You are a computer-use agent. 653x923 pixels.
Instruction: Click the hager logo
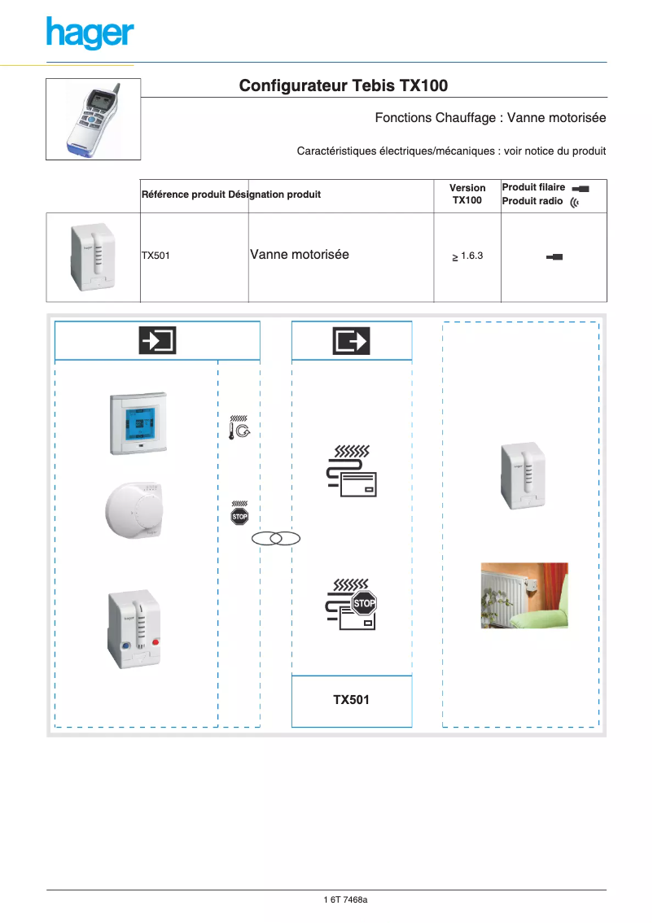coord(90,33)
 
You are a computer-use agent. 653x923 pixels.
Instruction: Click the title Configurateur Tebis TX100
coord(343,85)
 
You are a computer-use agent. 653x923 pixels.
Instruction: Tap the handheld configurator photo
coord(93,119)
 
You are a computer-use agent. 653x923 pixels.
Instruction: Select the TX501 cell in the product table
coord(156,256)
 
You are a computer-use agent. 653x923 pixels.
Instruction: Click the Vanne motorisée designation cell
coord(300,255)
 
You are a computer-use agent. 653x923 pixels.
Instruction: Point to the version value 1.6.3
coord(467,256)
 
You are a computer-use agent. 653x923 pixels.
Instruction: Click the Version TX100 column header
coord(467,194)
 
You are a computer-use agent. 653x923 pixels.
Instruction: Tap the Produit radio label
coord(532,201)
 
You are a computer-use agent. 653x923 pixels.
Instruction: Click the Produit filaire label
coord(533,187)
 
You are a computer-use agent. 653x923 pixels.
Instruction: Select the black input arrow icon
coord(157,340)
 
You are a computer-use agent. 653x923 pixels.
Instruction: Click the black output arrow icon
coord(351,340)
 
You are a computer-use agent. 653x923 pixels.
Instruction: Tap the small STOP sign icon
coord(239,516)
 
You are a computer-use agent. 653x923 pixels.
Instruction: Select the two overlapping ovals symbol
coord(276,538)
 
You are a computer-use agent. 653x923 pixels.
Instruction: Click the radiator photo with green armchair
coord(524,595)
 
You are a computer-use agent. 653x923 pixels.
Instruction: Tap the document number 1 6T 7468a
coord(346,899)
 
